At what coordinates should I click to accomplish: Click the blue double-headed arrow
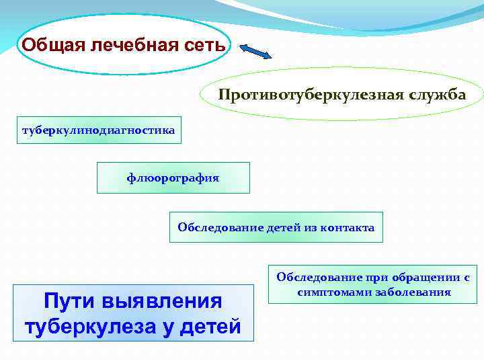[x=255, y=52]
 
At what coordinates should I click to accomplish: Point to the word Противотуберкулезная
[x=310, y=94]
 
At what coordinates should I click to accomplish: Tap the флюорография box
[x=173, y=177]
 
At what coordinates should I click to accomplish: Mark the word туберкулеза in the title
[x=87, y=327]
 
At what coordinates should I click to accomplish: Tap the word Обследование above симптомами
[x=318, y=277]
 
